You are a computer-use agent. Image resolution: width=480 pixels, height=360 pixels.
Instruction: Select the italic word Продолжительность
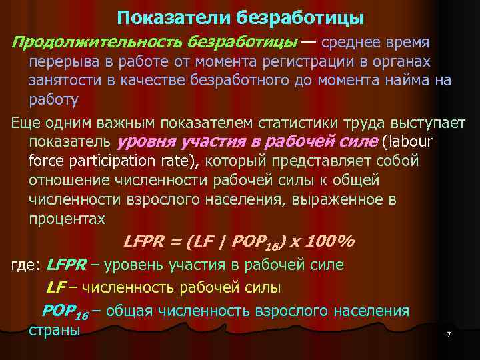(96, 42)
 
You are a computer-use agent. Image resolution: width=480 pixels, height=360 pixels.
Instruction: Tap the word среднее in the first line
(359, 42)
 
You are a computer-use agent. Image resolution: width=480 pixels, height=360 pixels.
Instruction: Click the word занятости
(65, 81)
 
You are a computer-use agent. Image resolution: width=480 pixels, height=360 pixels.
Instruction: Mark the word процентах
(67, 219)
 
